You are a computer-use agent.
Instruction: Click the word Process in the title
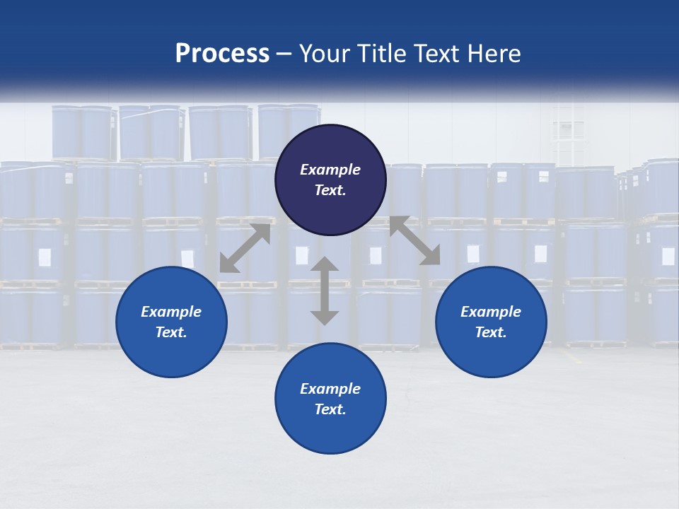(222, 54)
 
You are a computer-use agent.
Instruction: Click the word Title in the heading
(382, 54)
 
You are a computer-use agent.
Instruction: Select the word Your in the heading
(325, 54)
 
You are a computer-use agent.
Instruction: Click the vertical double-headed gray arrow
(325, 291)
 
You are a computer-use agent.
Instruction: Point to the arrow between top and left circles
(245, 248)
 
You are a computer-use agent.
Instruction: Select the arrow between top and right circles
(414, 240)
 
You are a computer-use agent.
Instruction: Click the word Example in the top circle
(330, 170)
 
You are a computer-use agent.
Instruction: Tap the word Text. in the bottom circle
(330, 409)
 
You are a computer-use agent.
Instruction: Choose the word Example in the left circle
(171, 312)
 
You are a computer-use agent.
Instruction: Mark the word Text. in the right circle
(491, 332)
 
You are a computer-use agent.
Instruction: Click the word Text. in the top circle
(330, 190)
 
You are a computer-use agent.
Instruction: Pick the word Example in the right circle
(491, 312)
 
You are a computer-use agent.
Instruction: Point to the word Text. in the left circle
(171, 332)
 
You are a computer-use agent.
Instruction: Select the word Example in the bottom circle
(330, 389)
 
